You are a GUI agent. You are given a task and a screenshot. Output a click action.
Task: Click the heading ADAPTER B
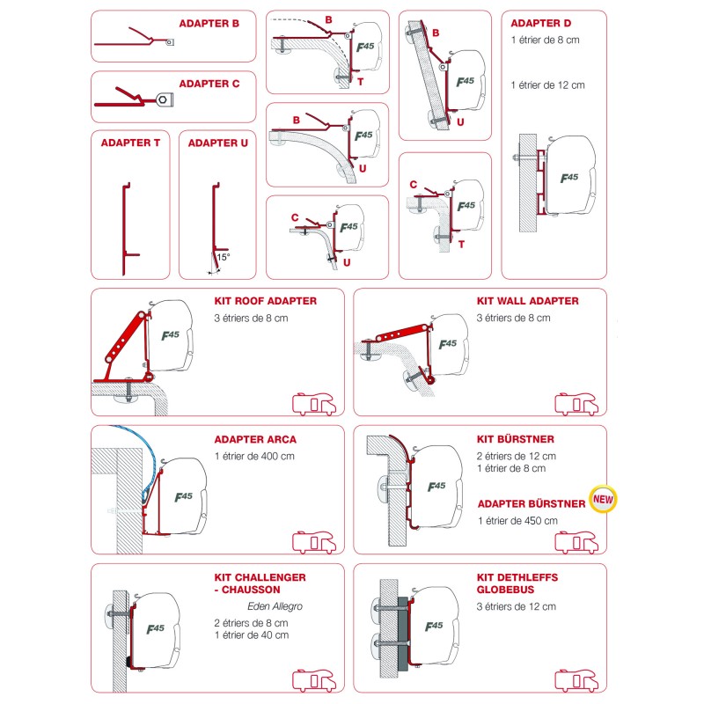[209, 24]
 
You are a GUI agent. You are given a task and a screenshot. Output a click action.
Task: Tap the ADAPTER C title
[209, 84]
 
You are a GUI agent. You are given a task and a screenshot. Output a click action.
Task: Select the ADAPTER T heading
[130, 143]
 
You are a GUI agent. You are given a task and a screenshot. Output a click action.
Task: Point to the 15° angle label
[224, 257]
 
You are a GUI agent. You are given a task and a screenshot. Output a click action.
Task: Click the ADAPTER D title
[541, 23]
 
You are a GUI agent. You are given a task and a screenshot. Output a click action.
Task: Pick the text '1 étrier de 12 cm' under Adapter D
[547, 85]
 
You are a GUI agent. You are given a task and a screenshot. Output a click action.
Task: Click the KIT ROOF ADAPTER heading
[266, 301]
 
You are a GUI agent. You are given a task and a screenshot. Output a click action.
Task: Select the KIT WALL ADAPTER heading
[527, 301]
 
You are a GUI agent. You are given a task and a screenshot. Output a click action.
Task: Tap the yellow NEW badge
[603, 499]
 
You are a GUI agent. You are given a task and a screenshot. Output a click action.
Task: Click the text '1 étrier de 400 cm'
[254, 457]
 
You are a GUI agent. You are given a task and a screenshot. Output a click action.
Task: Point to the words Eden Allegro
[275, 606]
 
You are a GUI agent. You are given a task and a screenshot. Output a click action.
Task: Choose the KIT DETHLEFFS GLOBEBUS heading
[517, 583]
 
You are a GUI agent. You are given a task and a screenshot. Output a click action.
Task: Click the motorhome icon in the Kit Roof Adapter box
[314, 404]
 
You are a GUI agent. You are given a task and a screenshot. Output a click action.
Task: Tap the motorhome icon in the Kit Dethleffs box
[576, 680]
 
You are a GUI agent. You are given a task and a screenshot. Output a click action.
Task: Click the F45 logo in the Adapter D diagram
[569, 178]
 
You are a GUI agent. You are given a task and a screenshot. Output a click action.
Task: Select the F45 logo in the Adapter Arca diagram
[184, 496]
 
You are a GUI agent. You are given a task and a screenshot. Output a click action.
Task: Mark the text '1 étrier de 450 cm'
[517, 521]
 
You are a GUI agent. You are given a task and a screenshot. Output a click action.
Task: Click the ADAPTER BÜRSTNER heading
[532, 503]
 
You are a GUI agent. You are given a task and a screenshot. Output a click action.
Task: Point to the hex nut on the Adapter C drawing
[164, 99]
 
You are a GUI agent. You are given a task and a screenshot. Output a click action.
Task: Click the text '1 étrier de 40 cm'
[252, 635]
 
